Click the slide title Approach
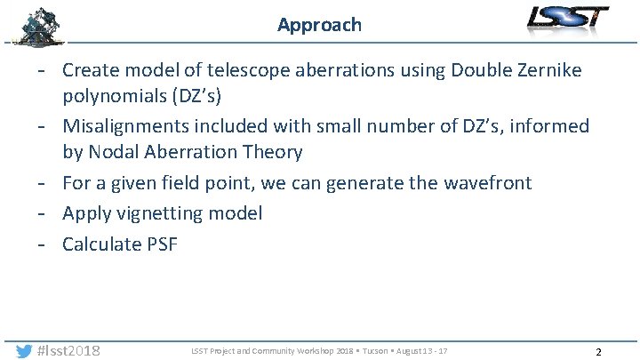tap(319, 25)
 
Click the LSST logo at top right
tap(567, 19)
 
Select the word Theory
tap(272, 152)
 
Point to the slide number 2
tap(598, 352)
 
